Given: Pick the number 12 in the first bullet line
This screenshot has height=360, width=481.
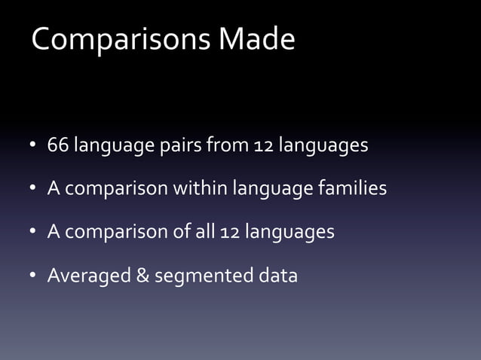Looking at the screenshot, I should click(263, 144).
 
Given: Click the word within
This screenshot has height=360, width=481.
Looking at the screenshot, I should click(199, 188).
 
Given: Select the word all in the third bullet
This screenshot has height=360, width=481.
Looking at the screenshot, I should click(205, 231).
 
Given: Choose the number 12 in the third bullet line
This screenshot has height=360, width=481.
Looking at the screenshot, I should click(229, 231).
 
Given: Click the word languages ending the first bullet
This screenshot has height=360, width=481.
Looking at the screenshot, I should click(323, 145).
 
